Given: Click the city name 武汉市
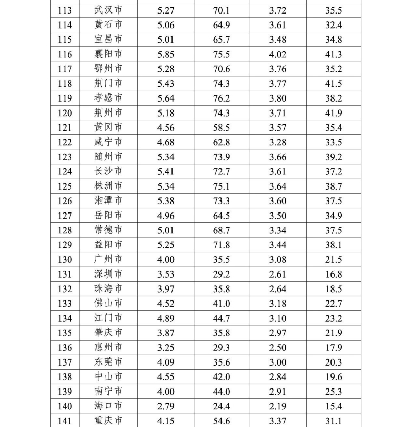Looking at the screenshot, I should click(x=109, y=10).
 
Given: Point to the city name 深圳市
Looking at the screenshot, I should click(x=109, y=274).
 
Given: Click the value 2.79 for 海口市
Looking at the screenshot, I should click(x=166, y=406).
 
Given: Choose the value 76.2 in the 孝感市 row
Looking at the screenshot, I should click(x=222, y=98).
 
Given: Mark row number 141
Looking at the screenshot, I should click(x=65, y=421).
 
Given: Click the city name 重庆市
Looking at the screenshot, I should click(x=109, y=421).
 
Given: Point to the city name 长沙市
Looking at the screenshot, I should click(x=109, y=171).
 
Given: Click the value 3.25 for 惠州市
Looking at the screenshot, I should click(x=166, y=347).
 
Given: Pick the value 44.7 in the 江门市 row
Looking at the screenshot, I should click(x=222, y=318).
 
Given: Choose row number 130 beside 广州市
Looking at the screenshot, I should click(x=65, y=259).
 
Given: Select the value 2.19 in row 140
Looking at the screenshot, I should click(x=277, y=406).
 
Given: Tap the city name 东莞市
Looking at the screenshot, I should click(x=109, y=362).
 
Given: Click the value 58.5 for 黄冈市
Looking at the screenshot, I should click(x=222, y=128).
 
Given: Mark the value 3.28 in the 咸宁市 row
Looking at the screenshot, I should click(x=277, y=142).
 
